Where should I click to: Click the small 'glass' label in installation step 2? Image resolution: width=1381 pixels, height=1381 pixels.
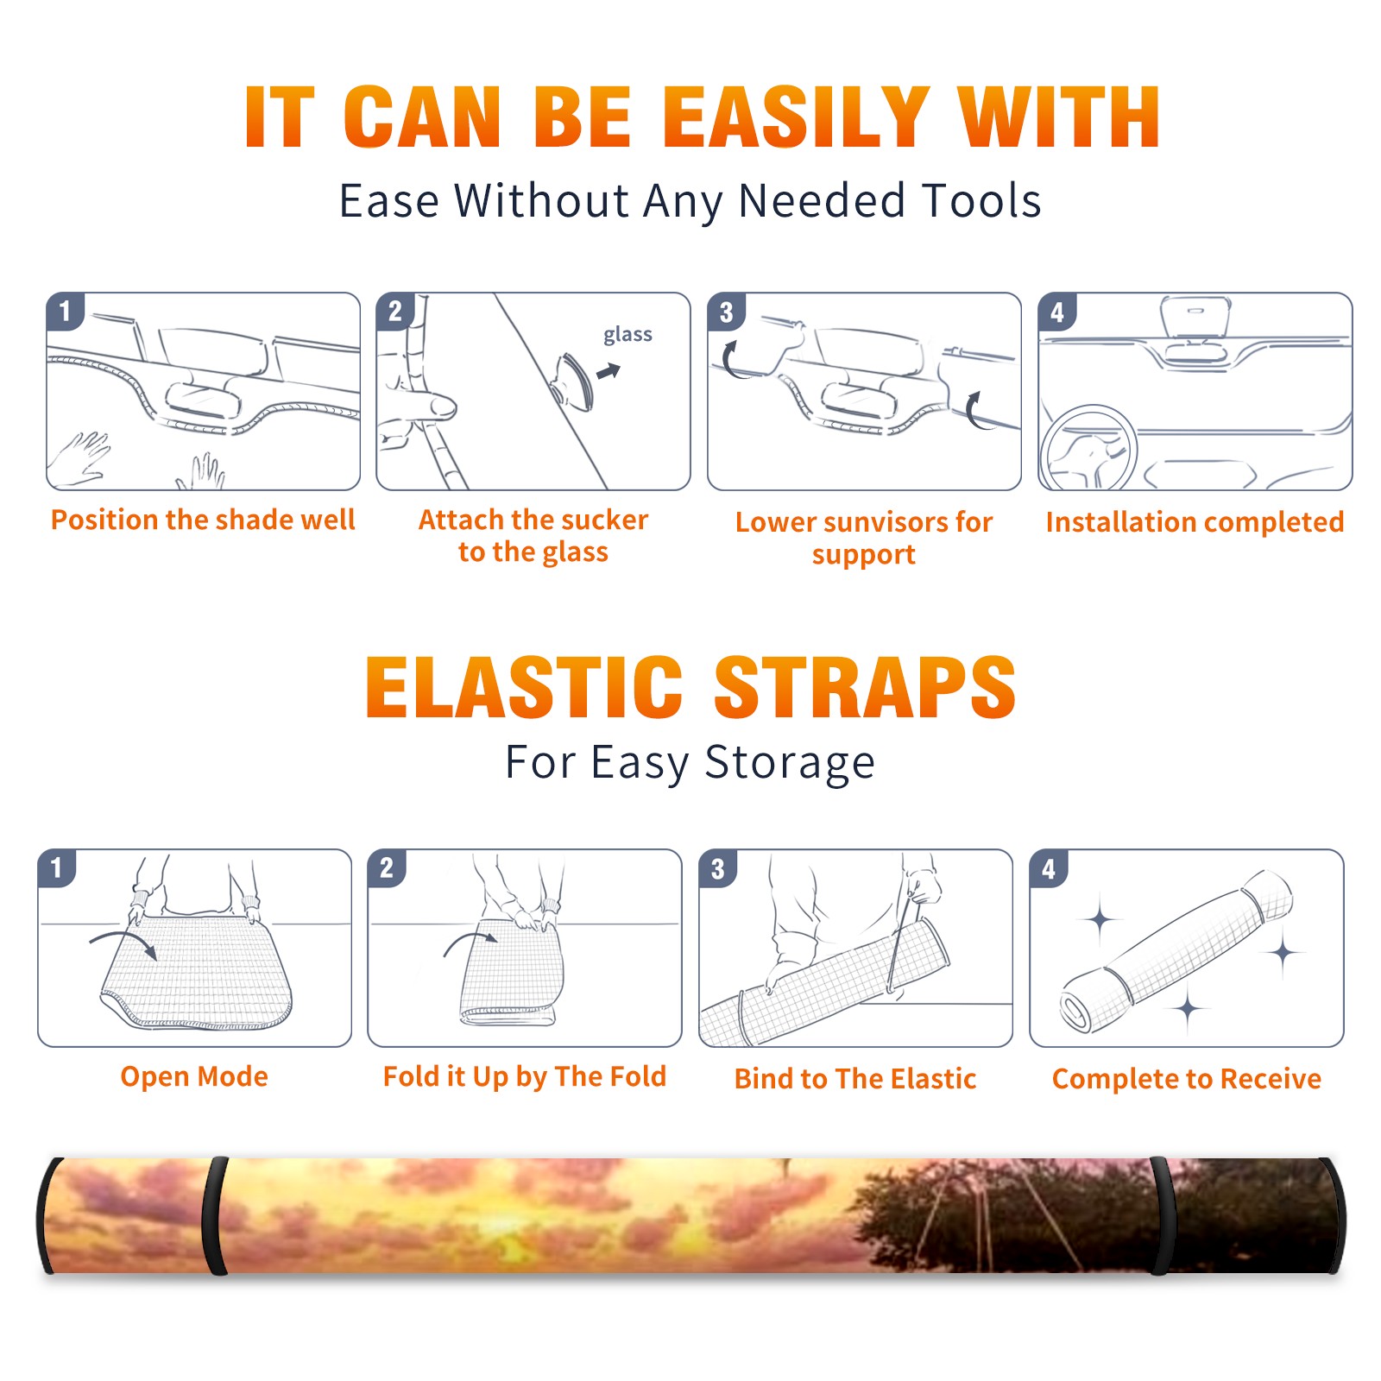pyautogui.click(x=627, y=334)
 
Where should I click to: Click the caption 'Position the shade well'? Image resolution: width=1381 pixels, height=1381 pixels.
pyautogui.click(x=203, y=520)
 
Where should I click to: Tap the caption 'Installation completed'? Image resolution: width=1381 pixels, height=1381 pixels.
pyautogui.click(x=1195, y=521)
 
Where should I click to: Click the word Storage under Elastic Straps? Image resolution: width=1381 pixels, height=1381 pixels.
pyautogui.click(x=790, y=763)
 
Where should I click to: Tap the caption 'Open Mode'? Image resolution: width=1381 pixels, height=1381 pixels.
pyautogui.click(x=194, y=1076)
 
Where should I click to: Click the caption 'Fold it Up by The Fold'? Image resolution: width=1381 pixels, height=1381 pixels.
pyautogui.click(x=525, y=1076)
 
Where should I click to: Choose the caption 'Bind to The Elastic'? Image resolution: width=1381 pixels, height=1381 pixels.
pyautogui.click(x=855, y=1078)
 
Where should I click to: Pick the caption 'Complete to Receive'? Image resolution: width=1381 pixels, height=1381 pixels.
pyautogui.click(x=1187, y=1079)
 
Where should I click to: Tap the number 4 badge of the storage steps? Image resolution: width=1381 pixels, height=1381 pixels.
pyautogui.click(x=1049, y=868)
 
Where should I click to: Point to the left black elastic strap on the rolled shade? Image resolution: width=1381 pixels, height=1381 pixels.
pyautogui.click(x=215, y=1215)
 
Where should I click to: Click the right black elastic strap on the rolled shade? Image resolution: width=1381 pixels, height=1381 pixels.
pyautogui.click(x=1162, y=1215)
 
